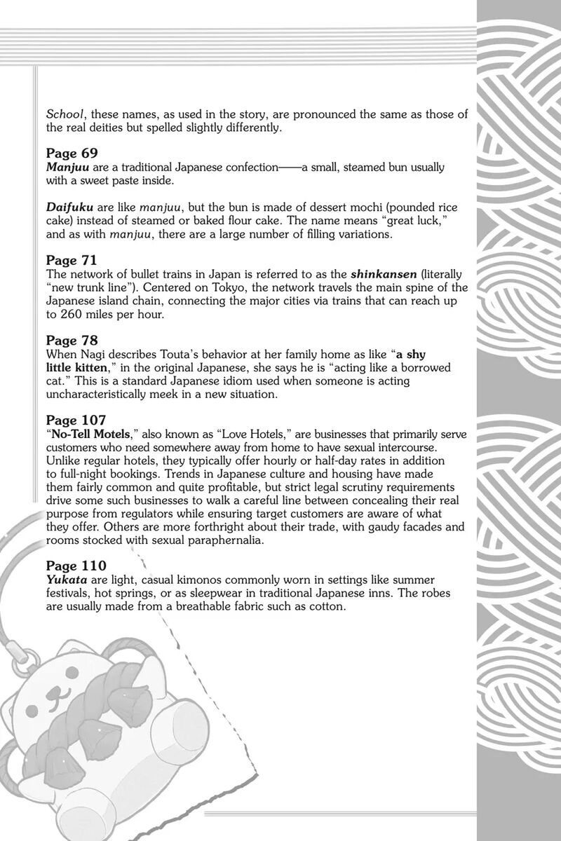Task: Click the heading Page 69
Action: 72,153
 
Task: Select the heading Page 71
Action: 72,260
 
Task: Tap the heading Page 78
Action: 72,341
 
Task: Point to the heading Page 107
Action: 76,420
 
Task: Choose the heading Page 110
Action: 76,564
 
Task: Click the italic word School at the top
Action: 65,114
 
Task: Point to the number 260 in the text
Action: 73,315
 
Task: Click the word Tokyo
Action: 185,288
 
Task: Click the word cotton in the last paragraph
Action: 328,607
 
